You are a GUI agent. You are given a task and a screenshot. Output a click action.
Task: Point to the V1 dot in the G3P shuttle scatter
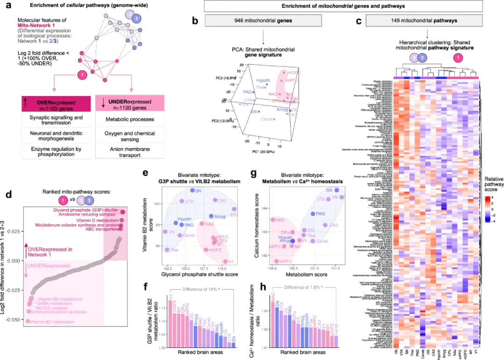pyautogui.click(x=225, y=261)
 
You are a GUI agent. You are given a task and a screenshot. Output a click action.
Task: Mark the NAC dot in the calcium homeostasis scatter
pyautogui.click(x=273, y=220)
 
